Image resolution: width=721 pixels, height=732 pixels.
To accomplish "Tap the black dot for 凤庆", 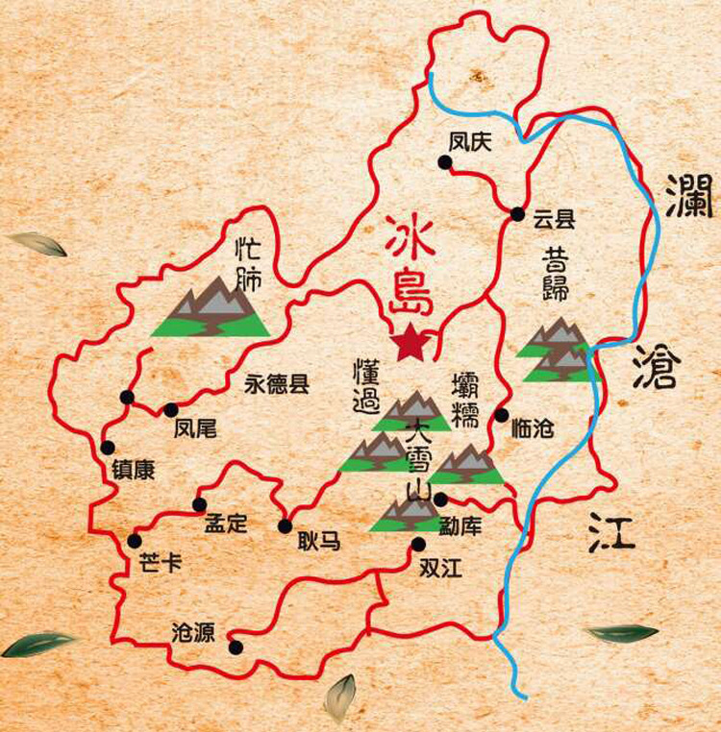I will [444, 163].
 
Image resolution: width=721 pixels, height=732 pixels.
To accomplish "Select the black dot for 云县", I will [517, 213].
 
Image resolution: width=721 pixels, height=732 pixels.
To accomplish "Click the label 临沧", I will [534, 429].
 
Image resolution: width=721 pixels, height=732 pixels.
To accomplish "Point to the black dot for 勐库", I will [440, 499].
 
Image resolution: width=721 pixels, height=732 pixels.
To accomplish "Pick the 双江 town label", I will [441, 568].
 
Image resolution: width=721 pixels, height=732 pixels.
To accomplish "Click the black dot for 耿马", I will [285, 525].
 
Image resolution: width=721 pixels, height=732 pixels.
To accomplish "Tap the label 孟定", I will [226, 525].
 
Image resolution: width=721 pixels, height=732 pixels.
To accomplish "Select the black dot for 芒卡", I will [135, 541].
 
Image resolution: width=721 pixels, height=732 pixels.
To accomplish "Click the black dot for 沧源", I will [235, 647].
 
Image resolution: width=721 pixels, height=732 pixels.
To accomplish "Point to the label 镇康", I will [132, 471].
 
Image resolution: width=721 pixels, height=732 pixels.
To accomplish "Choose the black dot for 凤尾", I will [171, 410].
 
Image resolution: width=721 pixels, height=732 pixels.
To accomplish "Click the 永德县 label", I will [277, 385].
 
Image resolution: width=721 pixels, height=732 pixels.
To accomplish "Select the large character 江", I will [612, 529].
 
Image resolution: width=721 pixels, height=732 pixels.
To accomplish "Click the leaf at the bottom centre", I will [339, 698].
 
